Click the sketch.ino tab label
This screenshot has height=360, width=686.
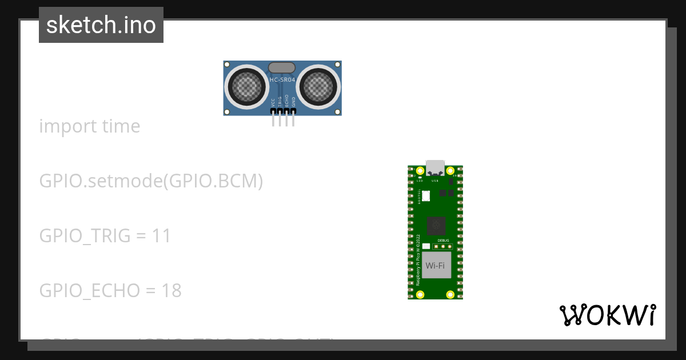tap(101, 25)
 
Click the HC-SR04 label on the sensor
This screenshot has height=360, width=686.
tap(282, 80)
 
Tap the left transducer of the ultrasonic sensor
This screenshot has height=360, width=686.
tap(248, 87)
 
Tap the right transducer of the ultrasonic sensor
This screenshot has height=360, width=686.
tap(317, 87)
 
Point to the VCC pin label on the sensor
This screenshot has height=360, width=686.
tap(273, 102)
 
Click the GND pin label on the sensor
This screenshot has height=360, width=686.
tap(294, 102)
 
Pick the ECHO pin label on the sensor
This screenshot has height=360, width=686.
tap(287, 102)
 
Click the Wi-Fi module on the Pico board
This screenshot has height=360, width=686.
tap(436, 265)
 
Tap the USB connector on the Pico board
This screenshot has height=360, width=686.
tap(435, 167)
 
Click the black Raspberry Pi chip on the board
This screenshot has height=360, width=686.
tap(436, 226)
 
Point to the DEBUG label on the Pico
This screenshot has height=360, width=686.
tap(444, 241)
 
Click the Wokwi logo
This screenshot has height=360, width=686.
tap(608, 315)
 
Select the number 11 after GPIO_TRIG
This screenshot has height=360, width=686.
tap(162, 236)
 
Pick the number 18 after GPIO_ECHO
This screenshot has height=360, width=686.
tap(171, 291)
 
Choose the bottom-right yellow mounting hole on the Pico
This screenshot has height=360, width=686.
tap(450, 294)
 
